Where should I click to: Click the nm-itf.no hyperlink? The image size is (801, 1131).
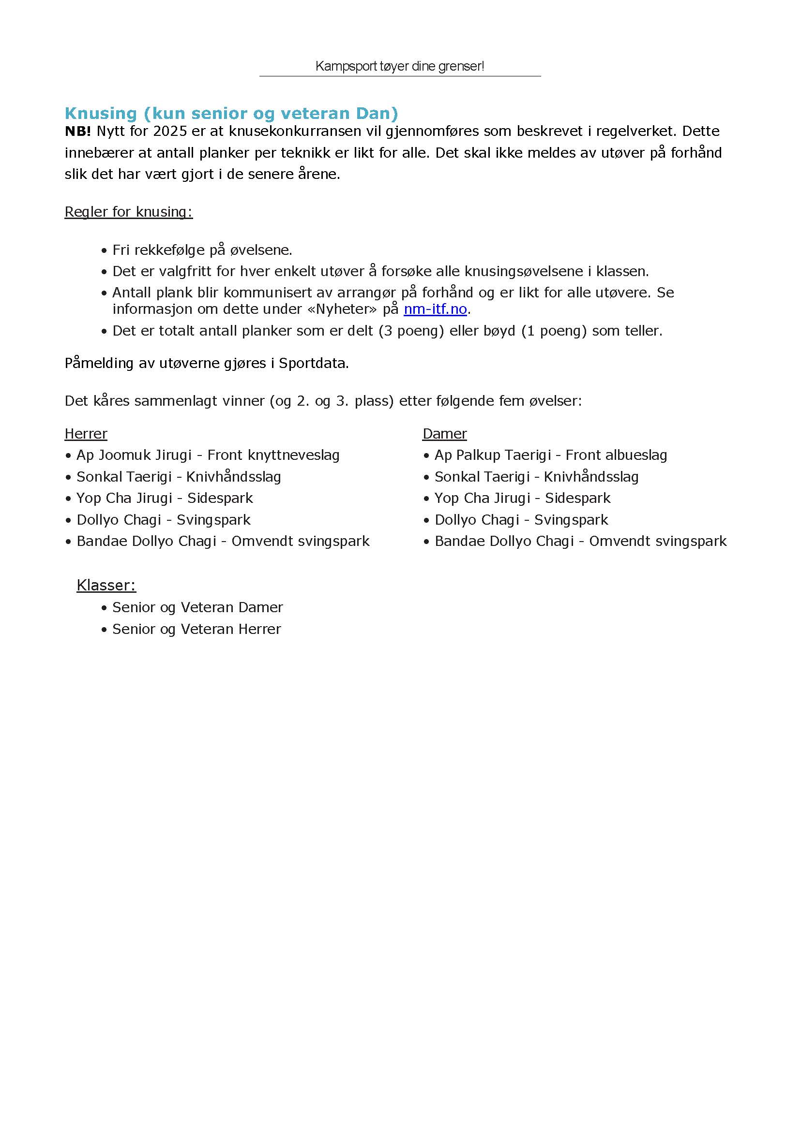tap(435, 309)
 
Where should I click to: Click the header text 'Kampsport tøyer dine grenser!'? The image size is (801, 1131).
tap(399, 66)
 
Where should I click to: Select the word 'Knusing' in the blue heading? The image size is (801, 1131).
tap(101, 113)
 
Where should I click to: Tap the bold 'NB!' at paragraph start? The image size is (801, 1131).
tap(77, 131)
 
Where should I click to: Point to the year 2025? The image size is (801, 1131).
tap(170, 131)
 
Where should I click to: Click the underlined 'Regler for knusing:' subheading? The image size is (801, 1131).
tap(128, 212)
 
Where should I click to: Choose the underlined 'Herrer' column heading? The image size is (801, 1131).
tap(86, 434)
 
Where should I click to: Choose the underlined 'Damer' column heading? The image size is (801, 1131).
tap(444, 434)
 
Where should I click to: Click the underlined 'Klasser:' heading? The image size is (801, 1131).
tap(106, 585)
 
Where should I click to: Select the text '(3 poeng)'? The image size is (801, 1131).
tap(411, 331)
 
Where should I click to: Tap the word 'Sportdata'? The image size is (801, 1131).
tap(313, 363)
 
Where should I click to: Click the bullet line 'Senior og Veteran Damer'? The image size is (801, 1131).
tap(197, 607)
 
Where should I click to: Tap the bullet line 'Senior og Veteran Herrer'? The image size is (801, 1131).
tap(196, 629)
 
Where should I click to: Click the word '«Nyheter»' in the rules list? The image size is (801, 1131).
tap(343, 309)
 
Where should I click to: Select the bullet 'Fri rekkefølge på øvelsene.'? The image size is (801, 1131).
tap(202, 250)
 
